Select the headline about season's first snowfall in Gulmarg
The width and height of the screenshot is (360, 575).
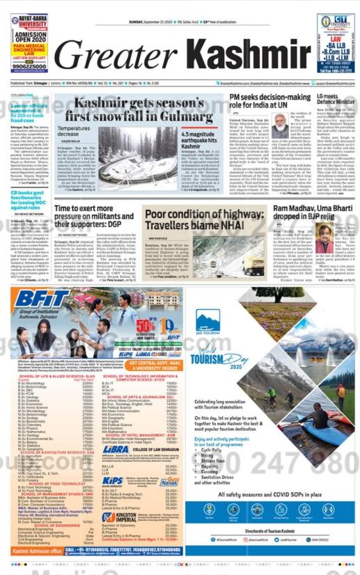139,107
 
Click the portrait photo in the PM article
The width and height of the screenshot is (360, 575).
281,125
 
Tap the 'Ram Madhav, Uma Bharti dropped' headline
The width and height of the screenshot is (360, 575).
306,216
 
